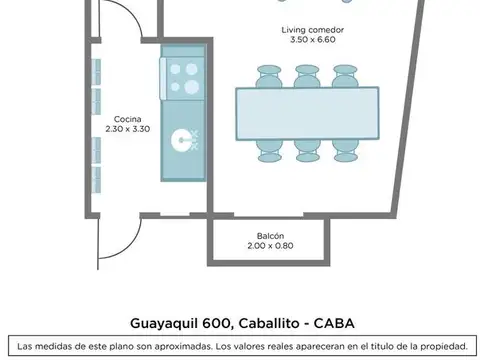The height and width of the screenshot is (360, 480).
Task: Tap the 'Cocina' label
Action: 127,118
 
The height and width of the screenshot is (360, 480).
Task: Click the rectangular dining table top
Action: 307,112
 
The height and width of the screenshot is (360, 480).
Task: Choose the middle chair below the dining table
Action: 306,150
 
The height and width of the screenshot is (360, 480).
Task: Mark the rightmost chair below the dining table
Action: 343,150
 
